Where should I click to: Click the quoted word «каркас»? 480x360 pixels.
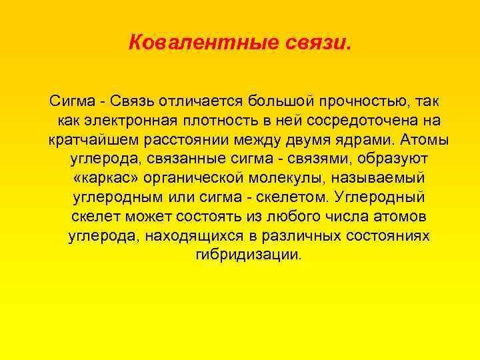click(99, 179)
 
